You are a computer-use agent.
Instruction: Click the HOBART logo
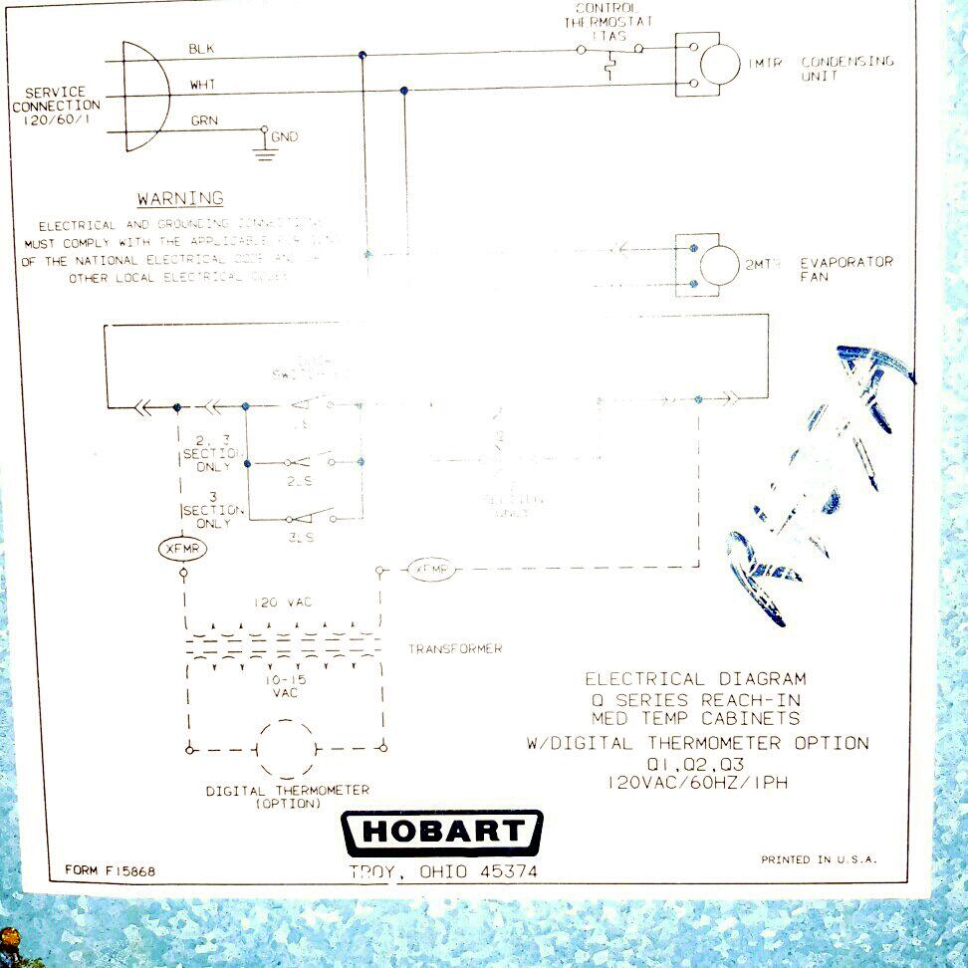pos(442,833)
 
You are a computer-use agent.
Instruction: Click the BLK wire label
pos(200,48)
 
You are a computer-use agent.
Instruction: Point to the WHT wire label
pos(202,85)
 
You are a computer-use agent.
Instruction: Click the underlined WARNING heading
pos(180,199)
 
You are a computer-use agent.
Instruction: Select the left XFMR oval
pos(182,549)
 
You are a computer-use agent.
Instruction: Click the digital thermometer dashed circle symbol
pos(287,747)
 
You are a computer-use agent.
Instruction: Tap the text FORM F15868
pos(110,870)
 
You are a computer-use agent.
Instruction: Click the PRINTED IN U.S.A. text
pos(819,859)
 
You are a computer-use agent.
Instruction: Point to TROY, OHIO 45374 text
pos(443,871)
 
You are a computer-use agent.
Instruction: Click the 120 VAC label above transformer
pos(283,604)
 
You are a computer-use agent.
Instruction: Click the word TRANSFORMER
pos(454,649)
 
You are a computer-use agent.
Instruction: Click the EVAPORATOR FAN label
pos(846,269)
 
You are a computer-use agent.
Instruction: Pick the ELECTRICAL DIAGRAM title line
pos(695,679)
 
